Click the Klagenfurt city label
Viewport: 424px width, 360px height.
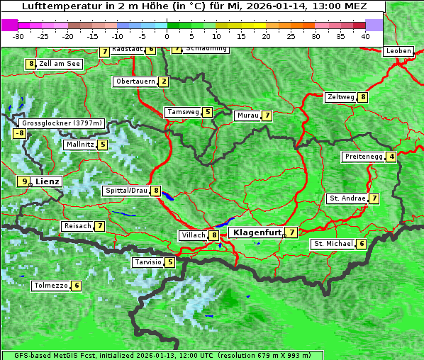pyautogui.click(x=255, y=232)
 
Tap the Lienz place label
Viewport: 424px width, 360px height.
pyautogui.click(x=48, y=181)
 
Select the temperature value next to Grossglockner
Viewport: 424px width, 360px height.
pyautogui.click(x=20, y=133)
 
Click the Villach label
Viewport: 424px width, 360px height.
pyautogui.click(x=193, y=235)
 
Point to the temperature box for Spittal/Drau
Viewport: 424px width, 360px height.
pyautogui.click(x=155, y=191)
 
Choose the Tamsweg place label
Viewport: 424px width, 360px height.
pyautogui.click(x=183, y=112)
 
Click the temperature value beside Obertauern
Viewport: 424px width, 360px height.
pyautogui.click(x=164, y=81)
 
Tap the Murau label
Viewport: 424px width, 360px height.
pyautogui.click(x=247, y=116)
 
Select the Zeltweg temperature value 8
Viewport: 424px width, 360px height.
pyautogui.click(x=363, y=97)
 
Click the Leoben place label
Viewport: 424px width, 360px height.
pyautogui.click(x=398, y=51)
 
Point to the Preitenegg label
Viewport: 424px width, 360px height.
pyautogui.click(x=364, y=157)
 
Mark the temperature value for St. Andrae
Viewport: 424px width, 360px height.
pyautogui.click(x=374, y=198)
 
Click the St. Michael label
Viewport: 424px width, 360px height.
pyautogui.click(x=333, y=244)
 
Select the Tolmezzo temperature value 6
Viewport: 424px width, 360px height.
pyautogui.click(x=77, y=286)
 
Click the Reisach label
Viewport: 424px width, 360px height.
pyautogui.click(x=77, y=226)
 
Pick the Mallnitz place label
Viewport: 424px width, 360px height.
pyautogui.click(x=79, y=145)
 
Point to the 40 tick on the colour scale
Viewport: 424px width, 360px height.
pyautogui.click(x=365, y=35)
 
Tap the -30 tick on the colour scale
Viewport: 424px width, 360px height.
pyautogui.click(x=18, y=35)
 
